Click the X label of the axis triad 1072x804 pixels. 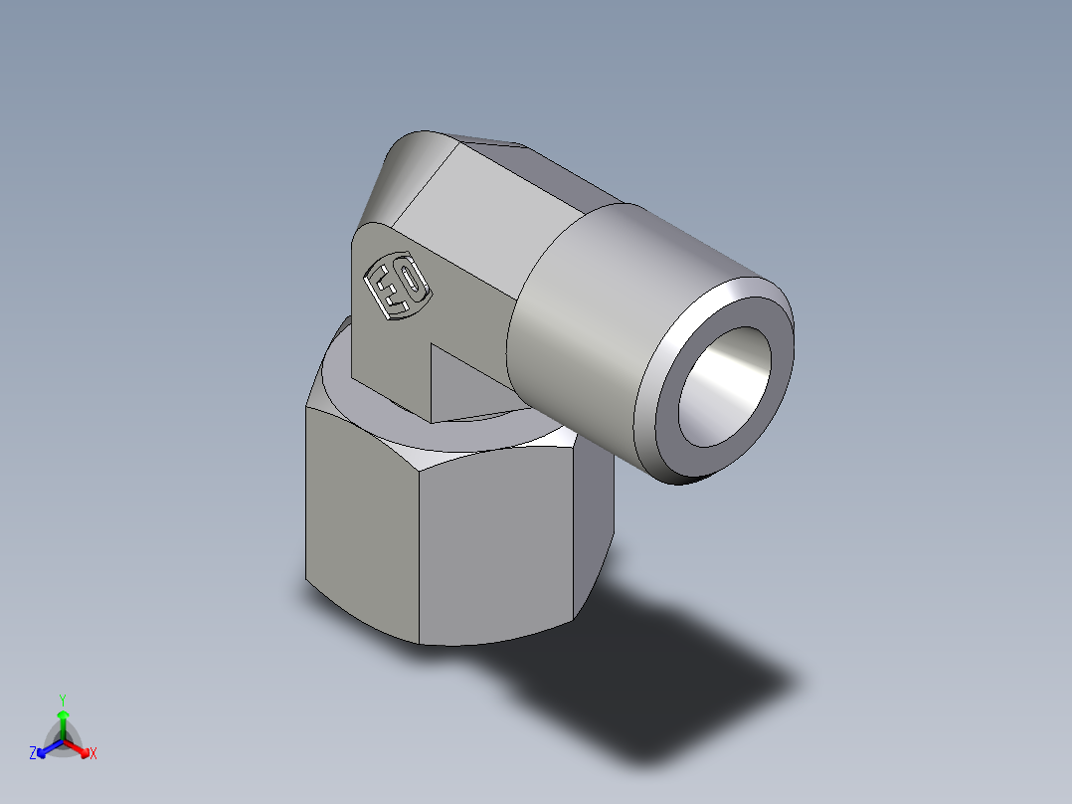click(93, 753)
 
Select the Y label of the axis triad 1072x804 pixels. click(62, 700)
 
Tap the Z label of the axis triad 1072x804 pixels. click(33, 753)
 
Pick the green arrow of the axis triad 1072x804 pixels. click(63, 721)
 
